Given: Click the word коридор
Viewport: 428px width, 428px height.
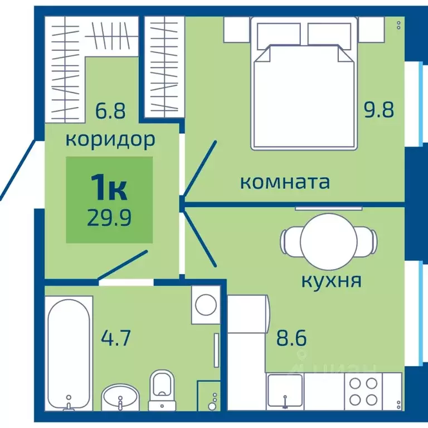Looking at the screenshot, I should [110, 139].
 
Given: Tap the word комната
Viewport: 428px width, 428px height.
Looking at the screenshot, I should [285, 182].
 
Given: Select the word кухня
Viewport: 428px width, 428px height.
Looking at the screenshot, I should [331, 280].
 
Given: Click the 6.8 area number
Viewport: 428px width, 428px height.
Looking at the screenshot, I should [110, 110].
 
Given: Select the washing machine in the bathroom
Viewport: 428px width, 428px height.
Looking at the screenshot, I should [206, 305].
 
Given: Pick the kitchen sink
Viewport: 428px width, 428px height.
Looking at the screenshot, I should [285, 390].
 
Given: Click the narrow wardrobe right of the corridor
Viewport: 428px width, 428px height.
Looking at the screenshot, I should [165, 67].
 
